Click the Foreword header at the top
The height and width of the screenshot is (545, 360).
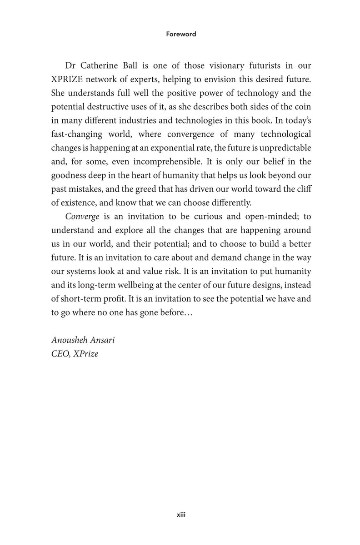pyautogui.click(x=180, y=34)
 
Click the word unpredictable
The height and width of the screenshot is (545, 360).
pyautogui.click(x=281, y=148)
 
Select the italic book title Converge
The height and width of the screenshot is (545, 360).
pyautogui.click(x=83, y=216)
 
